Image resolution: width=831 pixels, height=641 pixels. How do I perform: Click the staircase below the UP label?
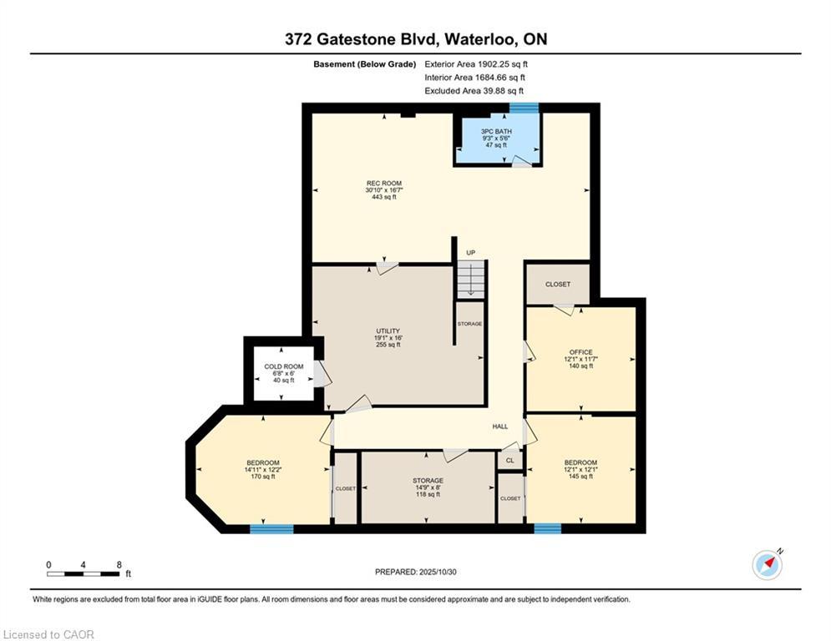tap(471, 280)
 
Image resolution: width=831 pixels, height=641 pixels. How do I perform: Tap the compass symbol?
tap(768, 565)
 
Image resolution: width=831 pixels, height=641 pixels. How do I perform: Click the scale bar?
tap(84, 573)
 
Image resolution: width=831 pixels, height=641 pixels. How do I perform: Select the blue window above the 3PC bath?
tap(524, 108)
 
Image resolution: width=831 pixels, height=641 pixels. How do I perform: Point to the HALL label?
tap(499, 426)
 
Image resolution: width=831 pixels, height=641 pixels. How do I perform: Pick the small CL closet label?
tap(509, 461)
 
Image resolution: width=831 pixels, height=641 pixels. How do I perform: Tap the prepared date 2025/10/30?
tap(438, 572)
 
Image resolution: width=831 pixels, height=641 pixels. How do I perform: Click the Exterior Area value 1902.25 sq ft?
tap(503, 64)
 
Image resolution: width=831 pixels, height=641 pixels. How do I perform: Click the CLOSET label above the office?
tap(558, 285)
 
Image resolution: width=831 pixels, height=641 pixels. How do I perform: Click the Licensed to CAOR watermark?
tap(48, 634)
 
